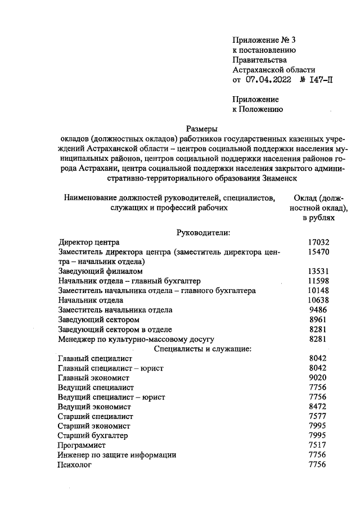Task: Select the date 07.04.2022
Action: [x=269, y=80]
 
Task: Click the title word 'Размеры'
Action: [x=201, y=129]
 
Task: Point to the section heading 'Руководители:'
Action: [x=201, y=232]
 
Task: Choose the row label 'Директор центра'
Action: [x=89, y=242]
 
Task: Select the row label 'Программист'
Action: [x=82, y=445]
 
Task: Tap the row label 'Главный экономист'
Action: [x=93, y=379]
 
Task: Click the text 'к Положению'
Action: [x=258, y=110]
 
